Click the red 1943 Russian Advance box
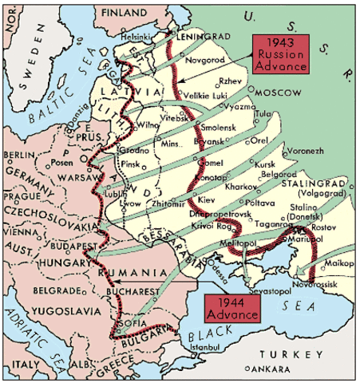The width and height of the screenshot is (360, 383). (279, 54)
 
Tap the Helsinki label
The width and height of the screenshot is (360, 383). (133, 35)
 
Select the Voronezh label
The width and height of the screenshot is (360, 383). (308, 149)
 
